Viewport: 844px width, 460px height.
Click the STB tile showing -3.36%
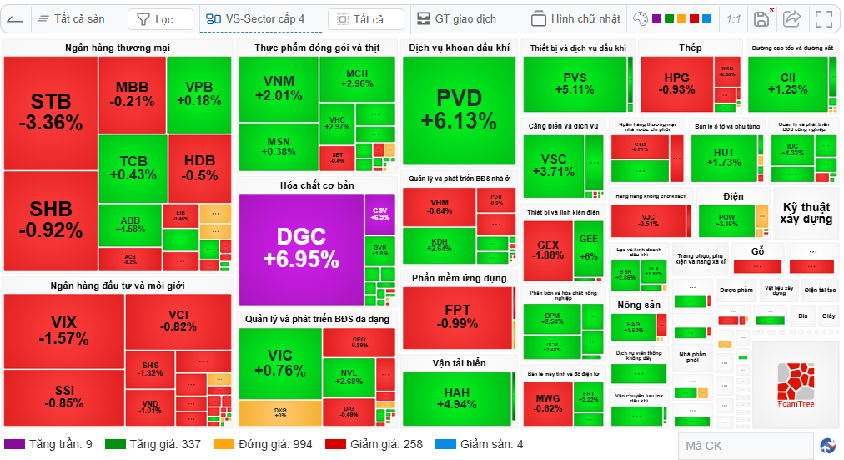point(50,113)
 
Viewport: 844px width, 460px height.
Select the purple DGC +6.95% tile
point(300,249)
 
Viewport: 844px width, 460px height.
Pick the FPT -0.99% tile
point(457,316)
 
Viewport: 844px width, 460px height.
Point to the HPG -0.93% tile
point(676,83)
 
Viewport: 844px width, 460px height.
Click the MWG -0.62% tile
point(548,403)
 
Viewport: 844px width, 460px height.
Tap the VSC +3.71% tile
point(553,165)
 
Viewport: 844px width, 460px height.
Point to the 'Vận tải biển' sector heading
point(459,363)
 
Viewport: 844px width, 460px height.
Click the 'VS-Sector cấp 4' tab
point(257,18)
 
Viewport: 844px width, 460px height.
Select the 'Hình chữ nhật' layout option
point(576,18)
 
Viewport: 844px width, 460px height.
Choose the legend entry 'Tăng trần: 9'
point(50,444)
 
